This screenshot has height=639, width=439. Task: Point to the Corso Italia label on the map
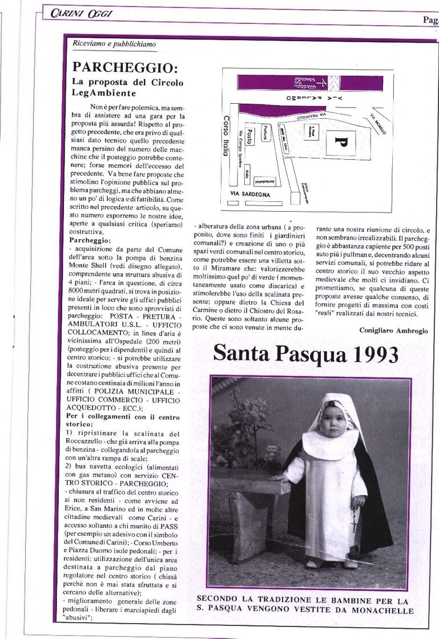pos(226,136)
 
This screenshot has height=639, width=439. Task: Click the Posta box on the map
pos(249,136)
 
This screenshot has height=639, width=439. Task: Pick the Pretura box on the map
pos(265,133)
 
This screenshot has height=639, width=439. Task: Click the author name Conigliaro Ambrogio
pos(393,330)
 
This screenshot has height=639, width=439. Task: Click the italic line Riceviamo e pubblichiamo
pos(114,44)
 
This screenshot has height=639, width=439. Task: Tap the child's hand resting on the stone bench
pos(278,478)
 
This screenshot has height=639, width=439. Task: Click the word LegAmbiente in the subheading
pos(104,93)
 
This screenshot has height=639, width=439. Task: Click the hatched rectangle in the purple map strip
pos(337,83)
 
